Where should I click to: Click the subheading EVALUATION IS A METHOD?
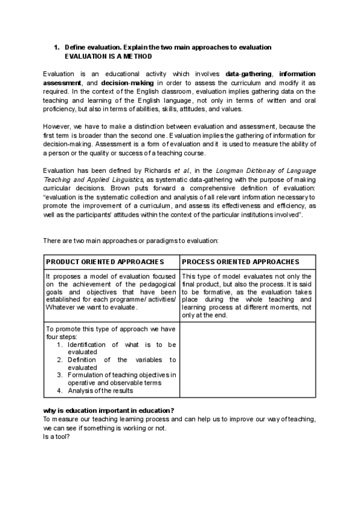(109, 56)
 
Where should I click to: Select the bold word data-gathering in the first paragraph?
(248, 74)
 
